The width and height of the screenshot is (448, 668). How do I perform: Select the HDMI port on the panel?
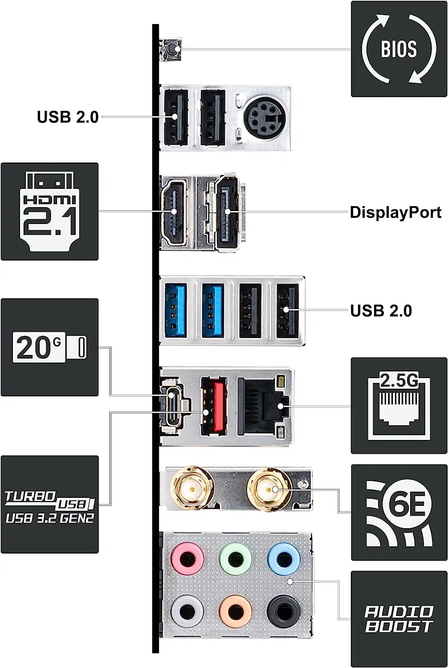click(x=174, y=212)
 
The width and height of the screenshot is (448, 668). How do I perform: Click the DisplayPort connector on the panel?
click(x=227, y=212)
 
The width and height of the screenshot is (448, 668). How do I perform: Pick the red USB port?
click(x=213, y=406)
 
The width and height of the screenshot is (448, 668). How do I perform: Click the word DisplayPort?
click(x=395, y=212)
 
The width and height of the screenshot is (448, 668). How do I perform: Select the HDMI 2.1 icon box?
click(x=49, y=212)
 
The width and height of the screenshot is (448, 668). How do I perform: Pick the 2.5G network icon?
click(x=399, y=406)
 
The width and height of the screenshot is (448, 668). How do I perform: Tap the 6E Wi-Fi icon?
click(x=399, y=512)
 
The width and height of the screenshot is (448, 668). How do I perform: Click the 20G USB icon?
click(x=49, y=347)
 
